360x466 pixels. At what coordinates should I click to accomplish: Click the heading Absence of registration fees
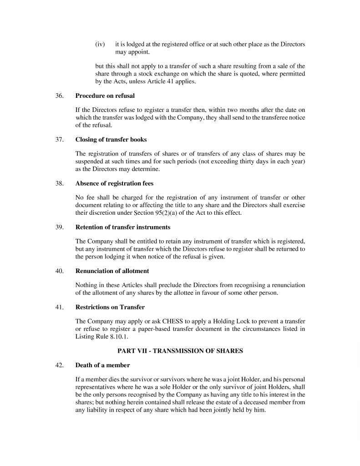114,183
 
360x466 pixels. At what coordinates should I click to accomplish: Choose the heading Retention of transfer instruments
122,227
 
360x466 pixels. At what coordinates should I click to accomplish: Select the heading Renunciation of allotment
112,271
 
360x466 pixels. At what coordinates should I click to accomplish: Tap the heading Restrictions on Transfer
110,307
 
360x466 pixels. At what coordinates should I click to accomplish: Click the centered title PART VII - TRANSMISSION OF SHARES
180,351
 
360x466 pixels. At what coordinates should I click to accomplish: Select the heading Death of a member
102,365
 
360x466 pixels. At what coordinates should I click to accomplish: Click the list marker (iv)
100,45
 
